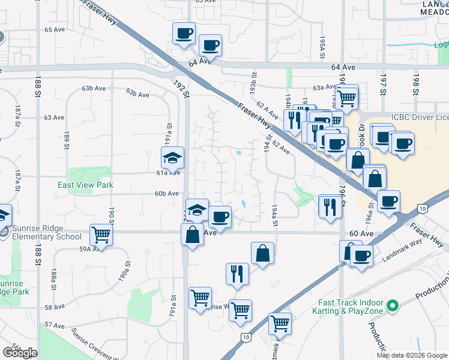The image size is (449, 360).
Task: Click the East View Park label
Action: [x=85, y=185]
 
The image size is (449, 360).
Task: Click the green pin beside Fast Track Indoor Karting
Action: [x=393, y=307]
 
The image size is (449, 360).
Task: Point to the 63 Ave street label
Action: [x=54, y=117]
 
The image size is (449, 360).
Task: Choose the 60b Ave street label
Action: [x=167, y=193]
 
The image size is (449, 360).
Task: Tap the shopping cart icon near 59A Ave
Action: [x=101, y=235]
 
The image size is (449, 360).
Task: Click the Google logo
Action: [x=20, y=352]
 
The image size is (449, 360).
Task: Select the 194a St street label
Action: [x=275, y=214]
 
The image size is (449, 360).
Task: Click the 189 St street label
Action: [x=67, y=141]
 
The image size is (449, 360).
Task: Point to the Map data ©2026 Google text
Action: [x=412, y=355]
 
